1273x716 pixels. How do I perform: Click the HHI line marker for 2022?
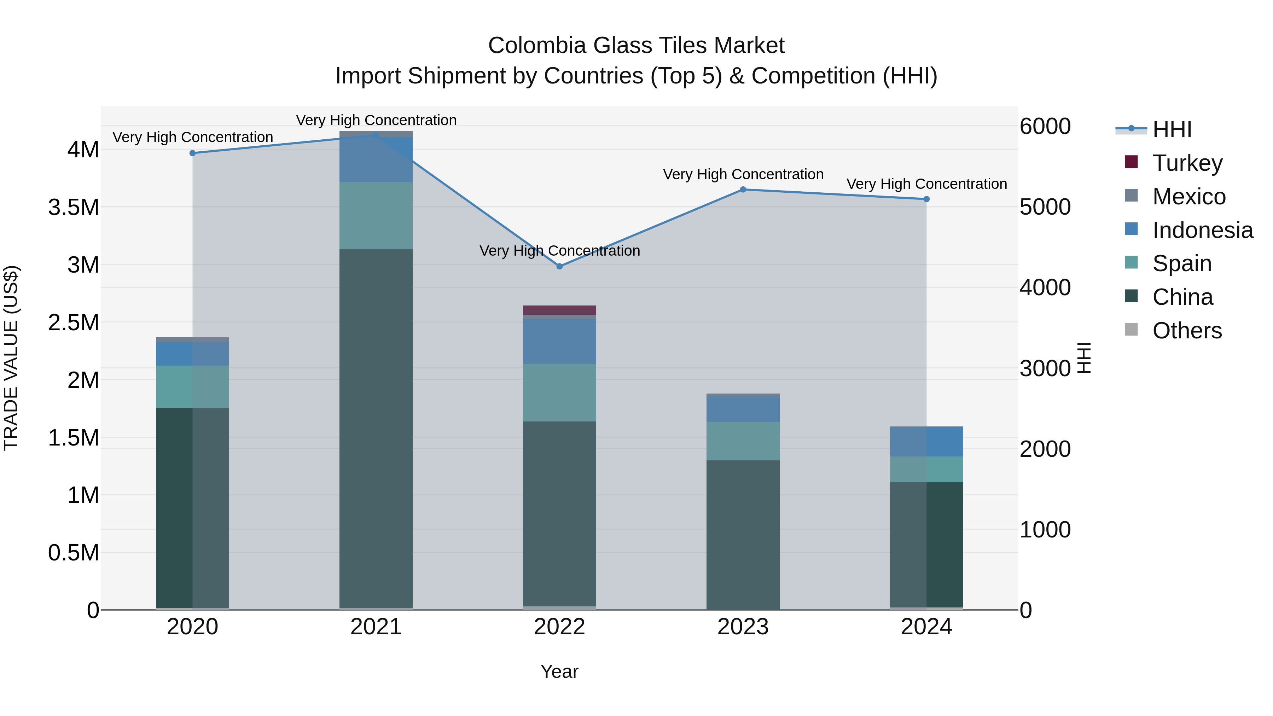[x=559, y=266]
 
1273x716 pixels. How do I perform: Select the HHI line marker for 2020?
[x=193, y=153]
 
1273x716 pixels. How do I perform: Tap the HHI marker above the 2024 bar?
[x=926, y=199]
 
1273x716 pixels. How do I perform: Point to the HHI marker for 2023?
[x=743, y=189]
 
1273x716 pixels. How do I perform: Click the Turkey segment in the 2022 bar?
[x=559, y=310]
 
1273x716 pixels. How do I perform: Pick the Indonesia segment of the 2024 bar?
[x=926, y=441]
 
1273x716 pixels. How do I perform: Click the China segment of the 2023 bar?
[x=743, y=534]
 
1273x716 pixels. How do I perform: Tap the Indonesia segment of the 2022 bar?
[x=559, y=341]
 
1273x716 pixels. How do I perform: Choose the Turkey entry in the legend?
[x=1187, y=163]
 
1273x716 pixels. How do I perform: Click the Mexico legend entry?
[x=1188, y=196]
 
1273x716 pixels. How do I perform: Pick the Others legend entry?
[x=1186, y=331]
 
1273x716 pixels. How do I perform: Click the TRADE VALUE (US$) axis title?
[x=11, y=358]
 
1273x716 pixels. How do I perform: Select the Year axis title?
[x=559, y=671]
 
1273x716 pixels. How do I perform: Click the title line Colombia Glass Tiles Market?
[x=636, y=46]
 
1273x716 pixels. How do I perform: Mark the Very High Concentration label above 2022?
[x=559, y=251]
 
